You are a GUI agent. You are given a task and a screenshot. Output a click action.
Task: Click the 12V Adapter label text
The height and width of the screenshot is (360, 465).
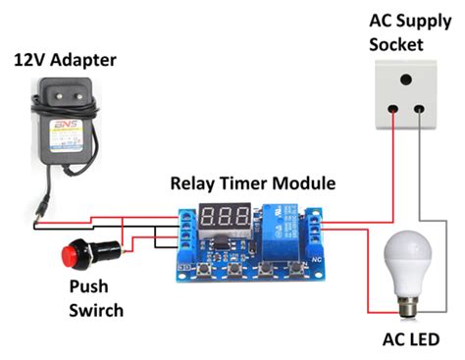(64, 61)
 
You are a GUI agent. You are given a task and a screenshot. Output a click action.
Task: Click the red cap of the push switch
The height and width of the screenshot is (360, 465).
(69, 258)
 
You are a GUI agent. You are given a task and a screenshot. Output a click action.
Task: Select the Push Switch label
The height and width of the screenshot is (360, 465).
(96, 300)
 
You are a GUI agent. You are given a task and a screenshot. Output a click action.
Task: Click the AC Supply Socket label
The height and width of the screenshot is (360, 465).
(395, 32)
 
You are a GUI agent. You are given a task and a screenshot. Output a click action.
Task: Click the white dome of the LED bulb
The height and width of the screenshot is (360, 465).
(407, 257)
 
